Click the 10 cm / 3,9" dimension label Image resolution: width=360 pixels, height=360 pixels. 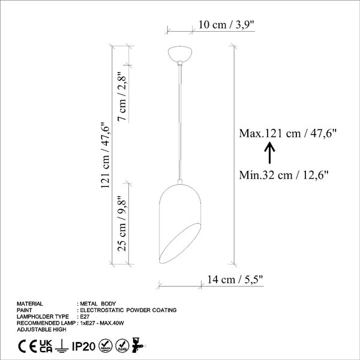click(x=226, y=25)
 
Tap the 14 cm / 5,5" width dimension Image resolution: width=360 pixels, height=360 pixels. click(x=235, y=280)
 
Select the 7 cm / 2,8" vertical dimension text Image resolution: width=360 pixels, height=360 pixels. click(x=122, y=97)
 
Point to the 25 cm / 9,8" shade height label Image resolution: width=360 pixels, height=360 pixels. click(x=122, y=224)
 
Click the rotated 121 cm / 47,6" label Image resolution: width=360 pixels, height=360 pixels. click(x=106, y=155)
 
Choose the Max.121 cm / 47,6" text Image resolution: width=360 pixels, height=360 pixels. click(x=287, y=133)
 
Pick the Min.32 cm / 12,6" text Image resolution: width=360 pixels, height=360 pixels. click(x=284, y=175)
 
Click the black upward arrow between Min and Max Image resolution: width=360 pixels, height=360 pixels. click(x=269, y=152)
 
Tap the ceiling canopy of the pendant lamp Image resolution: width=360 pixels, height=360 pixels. click(x=180, y=54)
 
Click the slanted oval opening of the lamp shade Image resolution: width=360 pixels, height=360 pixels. click(x=180, y=244)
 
